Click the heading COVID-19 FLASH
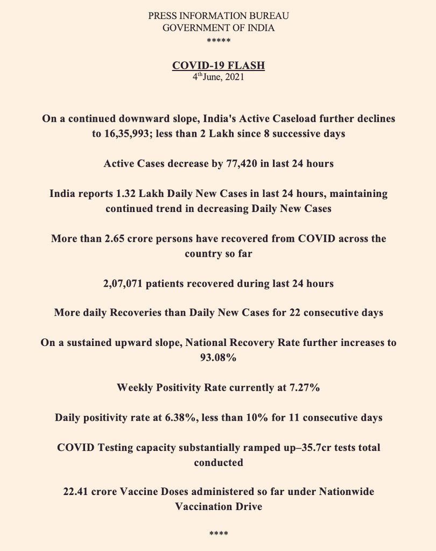click(x=218, y=66)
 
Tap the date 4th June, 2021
click(x=218, y=77)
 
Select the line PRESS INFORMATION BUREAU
click(x=218, y=16)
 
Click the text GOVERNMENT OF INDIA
click(x=218, y=28)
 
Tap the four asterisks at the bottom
click(x=218, y=534)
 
